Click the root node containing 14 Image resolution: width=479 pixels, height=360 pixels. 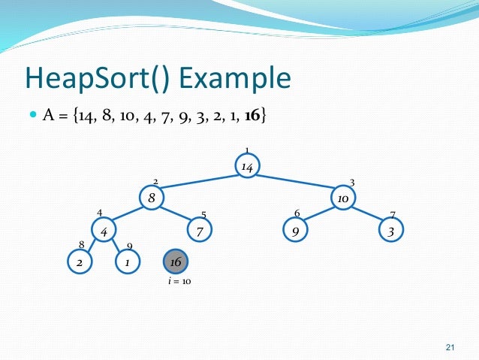[x=247, y=166]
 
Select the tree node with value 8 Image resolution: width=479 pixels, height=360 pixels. [x=152, y=198]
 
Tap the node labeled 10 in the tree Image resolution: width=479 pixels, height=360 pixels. [x=342, y=198]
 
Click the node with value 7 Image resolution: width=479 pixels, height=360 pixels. [x=200, y=231]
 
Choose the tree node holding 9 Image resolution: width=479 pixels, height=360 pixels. [x=295, y=231]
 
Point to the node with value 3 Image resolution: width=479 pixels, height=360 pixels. [x=390, y=231]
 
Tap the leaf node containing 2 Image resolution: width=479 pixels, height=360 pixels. [x=80, y=262]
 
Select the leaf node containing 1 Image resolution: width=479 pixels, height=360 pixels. [x=128, y=262]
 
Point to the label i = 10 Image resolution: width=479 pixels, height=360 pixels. [x=179, y=281]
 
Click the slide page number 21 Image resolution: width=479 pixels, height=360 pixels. [x=450, y=346]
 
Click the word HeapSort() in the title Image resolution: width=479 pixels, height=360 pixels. [x=100, y=78]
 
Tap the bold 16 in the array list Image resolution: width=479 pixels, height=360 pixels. [x=252, y=117]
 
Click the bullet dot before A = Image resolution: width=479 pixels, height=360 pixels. [x=32, y=116]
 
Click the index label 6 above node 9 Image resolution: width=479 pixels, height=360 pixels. [x=297, y=214]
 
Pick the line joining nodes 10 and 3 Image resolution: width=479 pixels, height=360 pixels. [x=366, y=214]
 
